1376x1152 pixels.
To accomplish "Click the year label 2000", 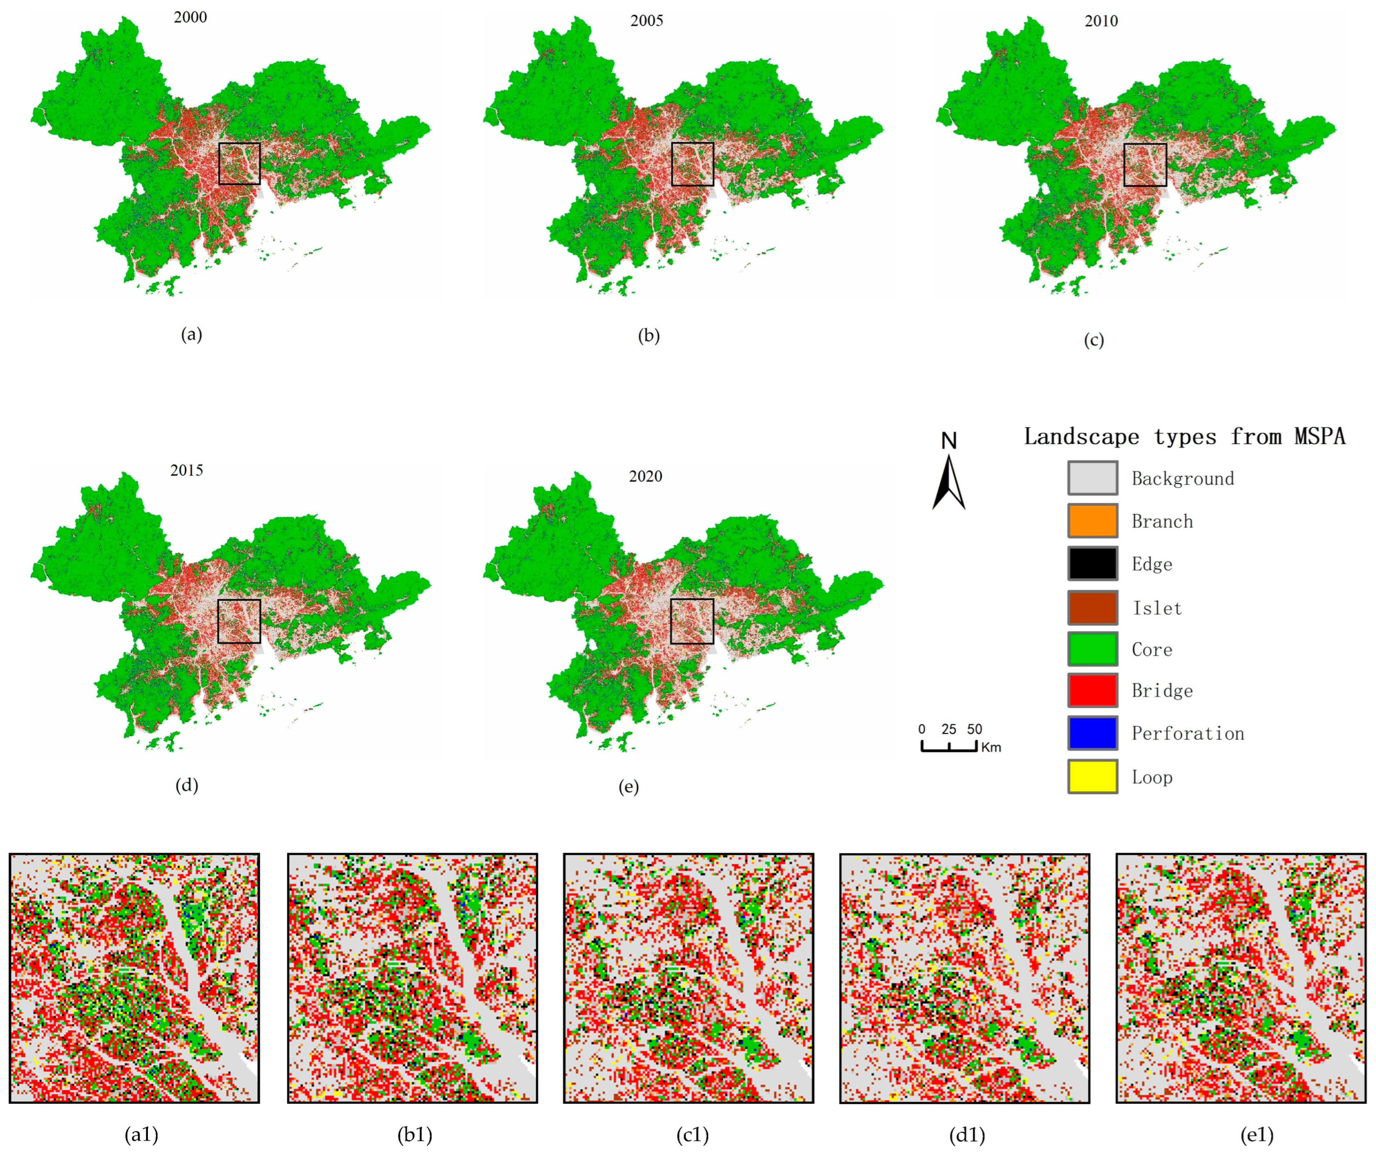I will click(190, 17).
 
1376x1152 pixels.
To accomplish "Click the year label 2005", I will click(646, 20).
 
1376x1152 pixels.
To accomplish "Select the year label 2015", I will click(187, 470).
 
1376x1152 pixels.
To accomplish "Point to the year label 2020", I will click(645, 476).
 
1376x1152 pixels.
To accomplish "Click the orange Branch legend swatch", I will click(1092, 521).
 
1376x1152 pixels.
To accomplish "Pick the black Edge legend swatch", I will click(1092, 563).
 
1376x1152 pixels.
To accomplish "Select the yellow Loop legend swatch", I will click(1092, 777).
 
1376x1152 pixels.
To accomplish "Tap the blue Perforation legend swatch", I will click(1092, 733).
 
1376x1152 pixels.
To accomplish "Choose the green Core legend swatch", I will click(1092, 649).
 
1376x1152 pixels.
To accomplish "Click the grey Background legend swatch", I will click(1092, 478).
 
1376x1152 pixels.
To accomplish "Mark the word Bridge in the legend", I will click(1162, 690).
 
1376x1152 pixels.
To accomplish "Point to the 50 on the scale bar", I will click(974, 729).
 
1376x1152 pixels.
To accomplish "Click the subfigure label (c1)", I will click(692, 1134).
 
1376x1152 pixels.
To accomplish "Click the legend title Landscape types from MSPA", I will click(1185, 436).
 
